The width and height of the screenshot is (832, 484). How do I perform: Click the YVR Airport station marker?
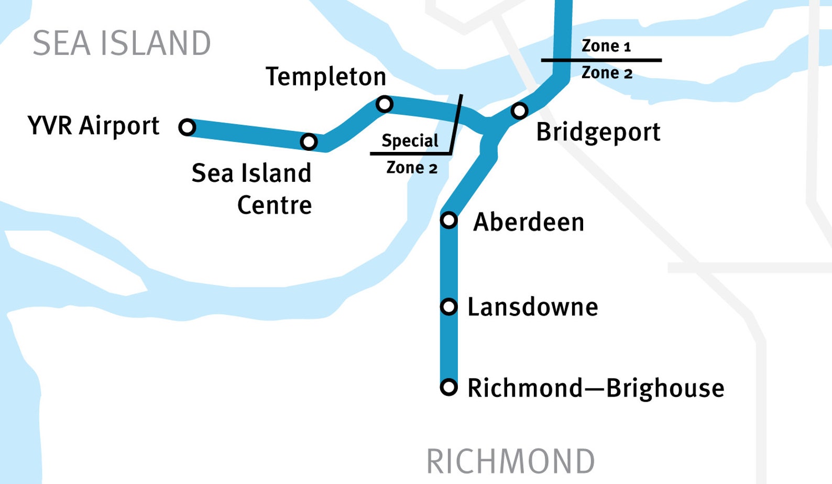point(187,127)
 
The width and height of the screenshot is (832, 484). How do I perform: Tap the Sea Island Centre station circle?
point(309,141)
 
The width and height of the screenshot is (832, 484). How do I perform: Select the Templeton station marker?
point(384,104)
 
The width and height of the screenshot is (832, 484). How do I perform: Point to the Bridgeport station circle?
point(519,111)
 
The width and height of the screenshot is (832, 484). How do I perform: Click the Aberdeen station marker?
point(448,219)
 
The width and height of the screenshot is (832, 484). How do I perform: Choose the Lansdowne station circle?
point(448,306)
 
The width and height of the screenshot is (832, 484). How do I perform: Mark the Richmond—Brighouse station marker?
point(448,387)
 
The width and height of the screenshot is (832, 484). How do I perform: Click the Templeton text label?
point(326,77)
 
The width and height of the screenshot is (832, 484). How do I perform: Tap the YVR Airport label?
point(93,126)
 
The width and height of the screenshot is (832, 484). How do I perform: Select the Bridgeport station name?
point(598,132)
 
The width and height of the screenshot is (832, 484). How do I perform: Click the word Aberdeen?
point(528,222)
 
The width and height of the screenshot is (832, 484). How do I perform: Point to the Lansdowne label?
point(532,307)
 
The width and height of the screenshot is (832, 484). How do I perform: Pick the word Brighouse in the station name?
point(665,388)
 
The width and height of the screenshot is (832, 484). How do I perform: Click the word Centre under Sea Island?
point(275,205)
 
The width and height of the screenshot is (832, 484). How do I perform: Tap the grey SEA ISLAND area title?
point(122,43)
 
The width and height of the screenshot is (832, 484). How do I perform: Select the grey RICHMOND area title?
point(510,461)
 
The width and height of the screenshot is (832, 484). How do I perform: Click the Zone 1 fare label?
point(606,46)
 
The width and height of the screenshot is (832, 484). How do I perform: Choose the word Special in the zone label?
point(410,140)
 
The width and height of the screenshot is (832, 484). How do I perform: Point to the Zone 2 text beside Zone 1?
point(607,72)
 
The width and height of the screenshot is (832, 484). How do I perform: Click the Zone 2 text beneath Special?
point(412,168)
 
